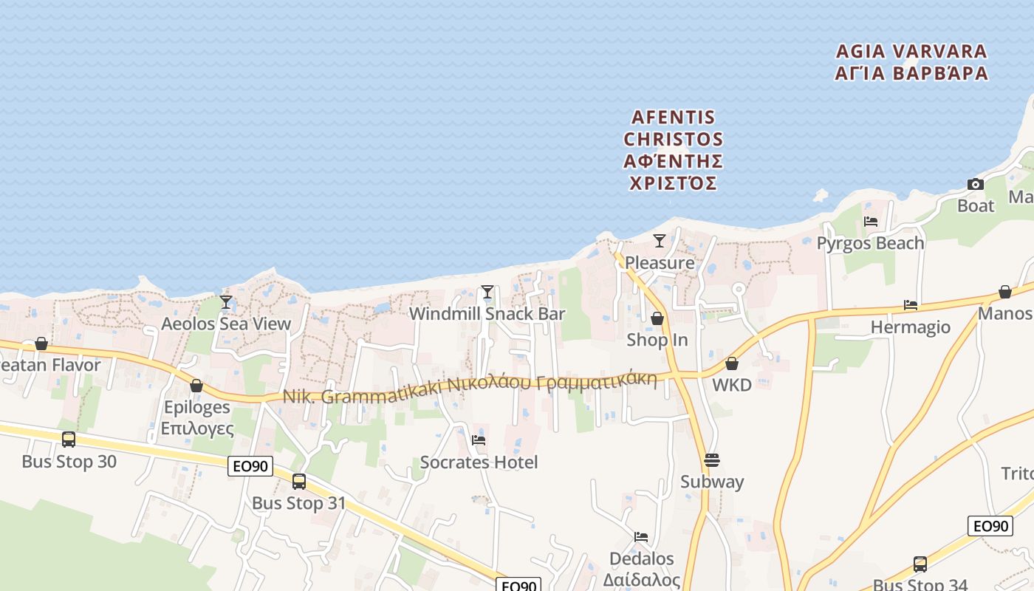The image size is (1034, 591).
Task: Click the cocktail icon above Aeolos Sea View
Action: click(226, 302)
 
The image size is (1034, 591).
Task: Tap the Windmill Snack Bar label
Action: click(487, 314)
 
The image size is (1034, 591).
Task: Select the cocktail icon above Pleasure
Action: click(660, 241)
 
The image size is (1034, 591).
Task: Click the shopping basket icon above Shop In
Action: click(657, 318)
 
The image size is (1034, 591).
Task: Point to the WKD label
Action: click(731, 385)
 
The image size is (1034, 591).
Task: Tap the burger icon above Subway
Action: click(712, 460)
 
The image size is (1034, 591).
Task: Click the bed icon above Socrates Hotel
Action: click(479, 440)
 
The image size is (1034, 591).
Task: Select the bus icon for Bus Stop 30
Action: click(69, 440)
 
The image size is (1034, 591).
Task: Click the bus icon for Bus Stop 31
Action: click(299, 482)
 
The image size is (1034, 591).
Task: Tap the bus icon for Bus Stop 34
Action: click(920, 564)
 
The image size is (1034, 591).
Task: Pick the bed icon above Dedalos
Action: click(641, 537)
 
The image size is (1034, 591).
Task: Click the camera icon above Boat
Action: click(976, 184)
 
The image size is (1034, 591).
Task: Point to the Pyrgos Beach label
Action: click(870, 243)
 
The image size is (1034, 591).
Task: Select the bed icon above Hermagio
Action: click(911, 305)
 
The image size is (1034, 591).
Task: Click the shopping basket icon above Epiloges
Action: click(196, 386)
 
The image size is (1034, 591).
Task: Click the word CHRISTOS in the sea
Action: click(673, 139)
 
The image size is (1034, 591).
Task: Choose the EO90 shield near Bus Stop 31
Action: click(250, 466)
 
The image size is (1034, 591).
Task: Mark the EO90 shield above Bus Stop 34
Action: click(990, 526)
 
